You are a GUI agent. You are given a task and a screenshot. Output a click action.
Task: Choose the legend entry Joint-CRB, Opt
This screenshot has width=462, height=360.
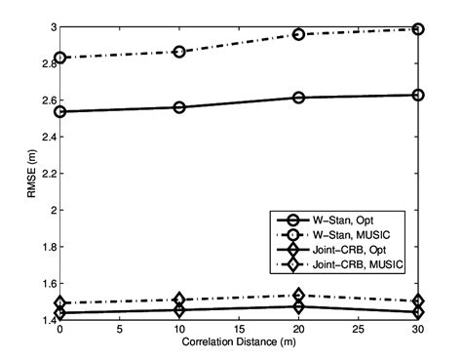tap(365, 251)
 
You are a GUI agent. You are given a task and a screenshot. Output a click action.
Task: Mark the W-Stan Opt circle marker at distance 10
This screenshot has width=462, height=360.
tap(179, 106)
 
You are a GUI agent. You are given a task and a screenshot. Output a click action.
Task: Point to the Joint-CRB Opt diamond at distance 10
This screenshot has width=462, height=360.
tap(179, 310)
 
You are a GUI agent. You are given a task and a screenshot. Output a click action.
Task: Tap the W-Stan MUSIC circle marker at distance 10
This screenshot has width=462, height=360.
tap(179, 51)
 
